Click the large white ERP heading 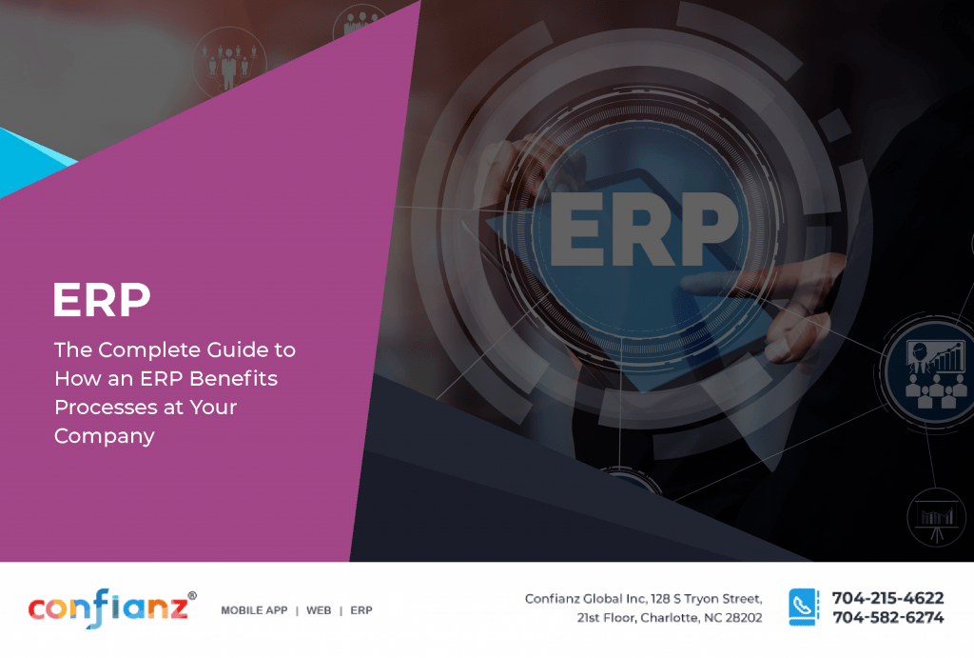coord(102,300)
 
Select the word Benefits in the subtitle coord(233,379)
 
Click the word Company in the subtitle coord(104,437)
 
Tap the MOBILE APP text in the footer coord(254,610)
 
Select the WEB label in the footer coord(319,610)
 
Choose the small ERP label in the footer coord(361,610)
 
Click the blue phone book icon coord(803,608)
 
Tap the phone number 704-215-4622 coord(887,599)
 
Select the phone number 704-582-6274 coord(887,618)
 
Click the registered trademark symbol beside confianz coord(192,595)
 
